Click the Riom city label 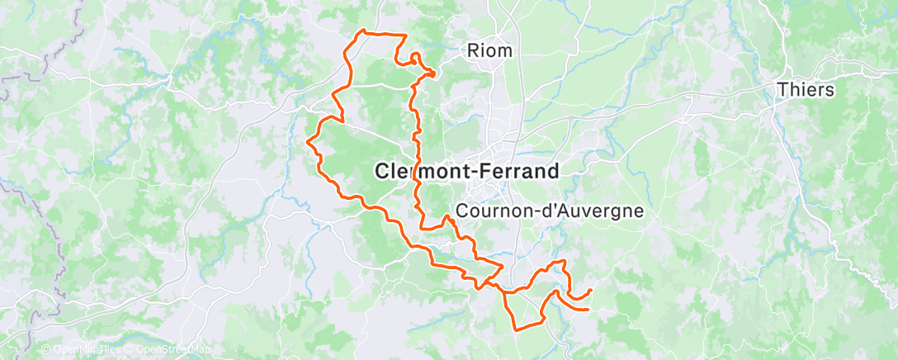489,51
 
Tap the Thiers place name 806,90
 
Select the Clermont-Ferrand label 467,171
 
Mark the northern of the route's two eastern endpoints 592,290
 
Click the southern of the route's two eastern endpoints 587,310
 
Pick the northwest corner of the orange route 361,31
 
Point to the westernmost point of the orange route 308,142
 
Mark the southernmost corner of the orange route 516,329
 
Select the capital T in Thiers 782,90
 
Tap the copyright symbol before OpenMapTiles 45,350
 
